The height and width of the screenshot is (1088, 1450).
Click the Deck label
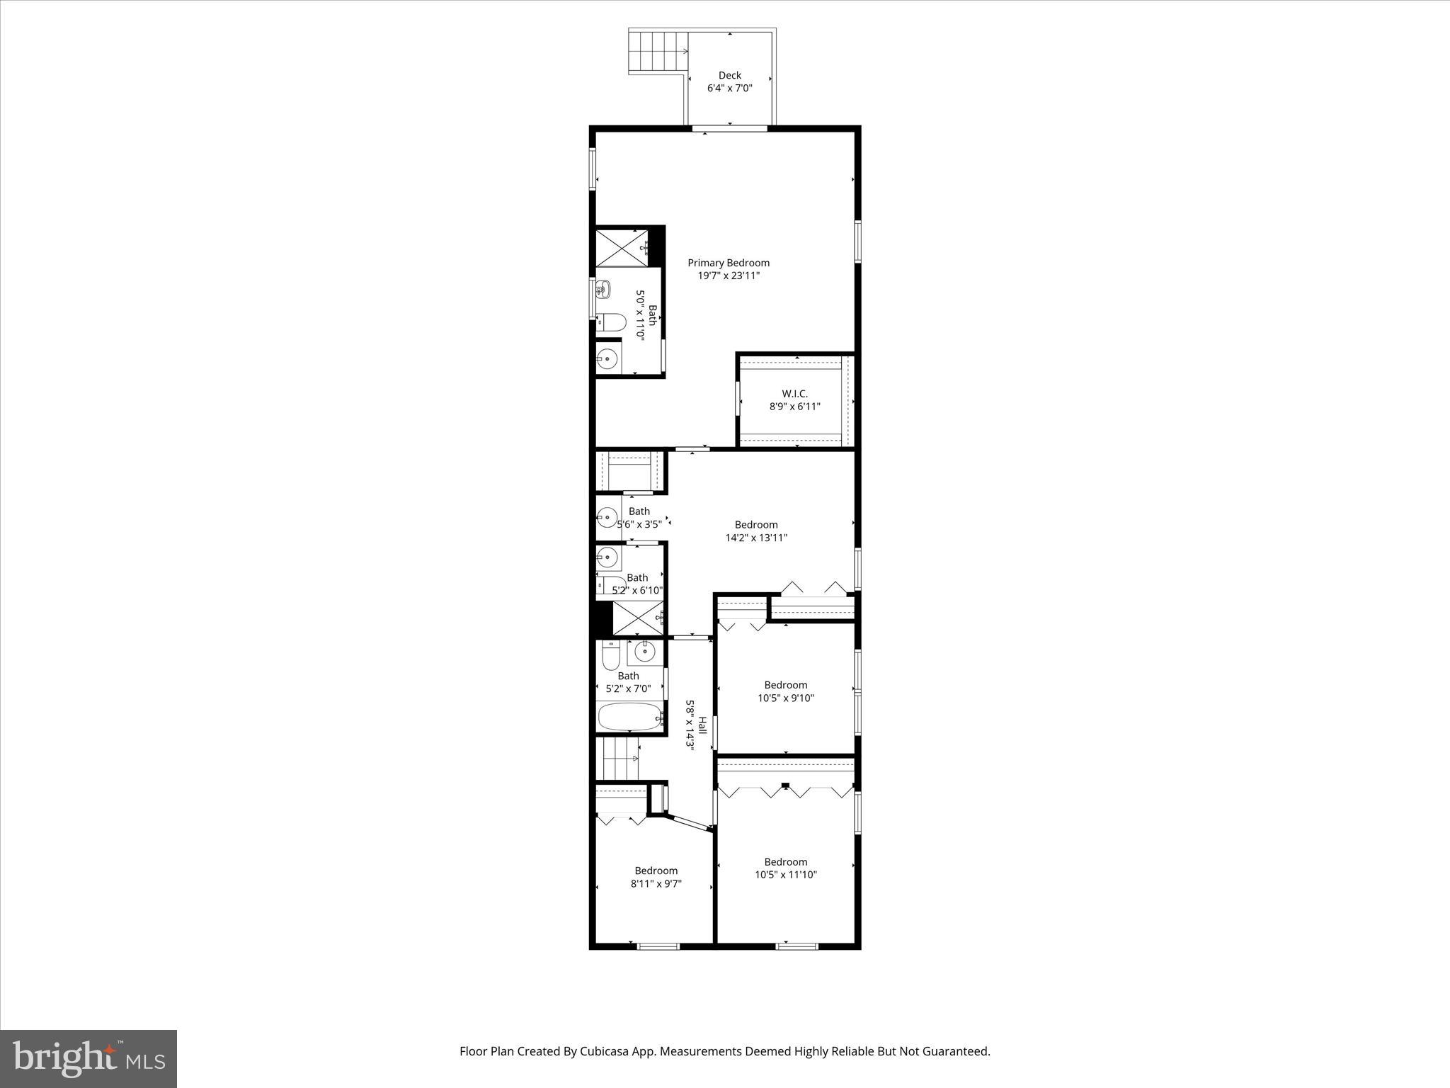pyautogui.click(x=729, y=75)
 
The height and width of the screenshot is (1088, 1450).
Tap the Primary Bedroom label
pyautogui.click(x=729, y=263)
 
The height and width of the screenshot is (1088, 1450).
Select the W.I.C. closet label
pyautogui.click(x=794, y=394)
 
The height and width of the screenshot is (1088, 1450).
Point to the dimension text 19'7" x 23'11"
pyautogui.click(x=729, y=276)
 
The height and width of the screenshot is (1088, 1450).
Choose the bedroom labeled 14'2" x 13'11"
pyautogui.click(x=756, y=531)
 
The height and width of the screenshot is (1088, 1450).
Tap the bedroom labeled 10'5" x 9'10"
pyautogui.click(x=785, y=691)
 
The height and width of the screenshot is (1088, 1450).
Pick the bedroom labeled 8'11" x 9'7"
pyautogui.click(x=656, y=877)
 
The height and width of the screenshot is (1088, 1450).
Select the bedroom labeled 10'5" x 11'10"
pyautogui.click(x=785, y=868)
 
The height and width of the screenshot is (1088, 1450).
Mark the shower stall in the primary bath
pyautogui.click(x=620, y=247)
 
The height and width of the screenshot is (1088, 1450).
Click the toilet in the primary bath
pyautogui.click(x=611, y=323)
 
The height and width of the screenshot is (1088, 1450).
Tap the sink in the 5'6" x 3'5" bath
pyautogui.click(x=607, y=518)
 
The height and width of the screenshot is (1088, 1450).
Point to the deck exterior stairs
pyautogui.click(x=658, y=51)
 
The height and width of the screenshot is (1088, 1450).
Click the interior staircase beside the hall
pyautogui.click(x=620, y=758)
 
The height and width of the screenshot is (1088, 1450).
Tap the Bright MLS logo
pyautogui.click(x=89, y=1058)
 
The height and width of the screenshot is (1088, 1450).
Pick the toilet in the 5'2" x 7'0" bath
pyautogui.click(x=610, y=655)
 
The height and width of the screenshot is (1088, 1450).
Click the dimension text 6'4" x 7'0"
pyautogui.click(x=729, y=89)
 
